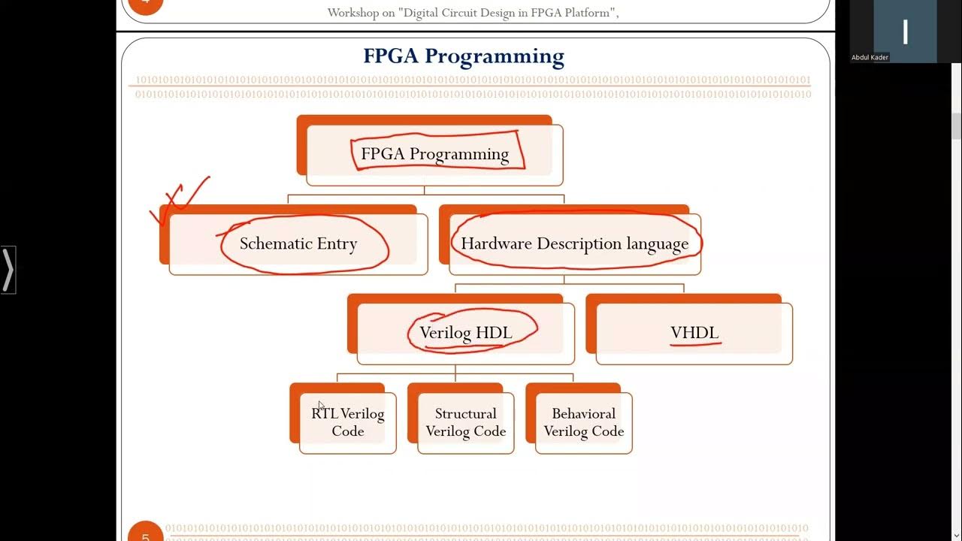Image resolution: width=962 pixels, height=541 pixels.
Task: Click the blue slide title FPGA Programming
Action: click(x=463, y=56)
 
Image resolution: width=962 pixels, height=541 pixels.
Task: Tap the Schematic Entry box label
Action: click(x=298, y=243)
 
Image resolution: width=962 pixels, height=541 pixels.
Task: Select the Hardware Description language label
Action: click(x=574, y=243)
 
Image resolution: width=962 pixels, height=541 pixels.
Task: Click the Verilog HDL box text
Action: click(x=466, y=332)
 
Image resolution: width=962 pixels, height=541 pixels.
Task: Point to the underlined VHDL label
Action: click(x=694, y=332)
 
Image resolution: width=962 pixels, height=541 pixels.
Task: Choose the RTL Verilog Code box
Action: click(x=347, y=422)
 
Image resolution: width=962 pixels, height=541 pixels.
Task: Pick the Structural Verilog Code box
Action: click(x=465, y=422)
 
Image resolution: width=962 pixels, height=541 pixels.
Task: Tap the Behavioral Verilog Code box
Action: click(x=584, y=422)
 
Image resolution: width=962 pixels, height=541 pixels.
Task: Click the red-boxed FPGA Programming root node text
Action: click(x=434, y=154)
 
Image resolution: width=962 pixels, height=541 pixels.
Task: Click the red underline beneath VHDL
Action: click(x=696, y=344)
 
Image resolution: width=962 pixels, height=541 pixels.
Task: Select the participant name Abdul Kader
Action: click(x=870, y=57)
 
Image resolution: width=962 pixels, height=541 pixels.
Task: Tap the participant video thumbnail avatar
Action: click(x=905, y=32)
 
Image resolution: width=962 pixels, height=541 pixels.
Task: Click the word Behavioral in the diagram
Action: click(x=583, y=413)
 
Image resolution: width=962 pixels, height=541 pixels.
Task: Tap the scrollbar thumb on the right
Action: click(x=956, y=126)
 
